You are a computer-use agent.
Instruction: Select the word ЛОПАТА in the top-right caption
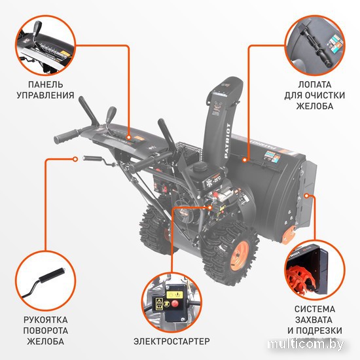click(311, 85)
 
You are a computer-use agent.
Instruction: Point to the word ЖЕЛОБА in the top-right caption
click(311, 109)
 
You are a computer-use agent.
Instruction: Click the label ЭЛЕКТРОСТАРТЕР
click(171, 341)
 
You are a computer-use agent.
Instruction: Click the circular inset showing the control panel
click(45, 45)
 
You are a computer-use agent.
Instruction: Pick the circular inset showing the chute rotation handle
click(45, 280)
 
